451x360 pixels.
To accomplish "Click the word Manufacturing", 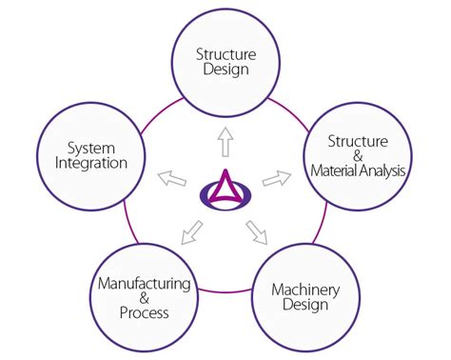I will pos(145,284).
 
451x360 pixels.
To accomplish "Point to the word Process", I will pos(145,312).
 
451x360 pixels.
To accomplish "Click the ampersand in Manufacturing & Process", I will pos(145,298).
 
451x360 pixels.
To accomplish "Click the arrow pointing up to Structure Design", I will pos(225,144).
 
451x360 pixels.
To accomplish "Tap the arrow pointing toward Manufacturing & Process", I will pos(192,231).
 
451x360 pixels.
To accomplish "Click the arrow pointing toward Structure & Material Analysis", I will pos(276,177).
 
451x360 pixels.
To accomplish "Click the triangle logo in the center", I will pos(225,184).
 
